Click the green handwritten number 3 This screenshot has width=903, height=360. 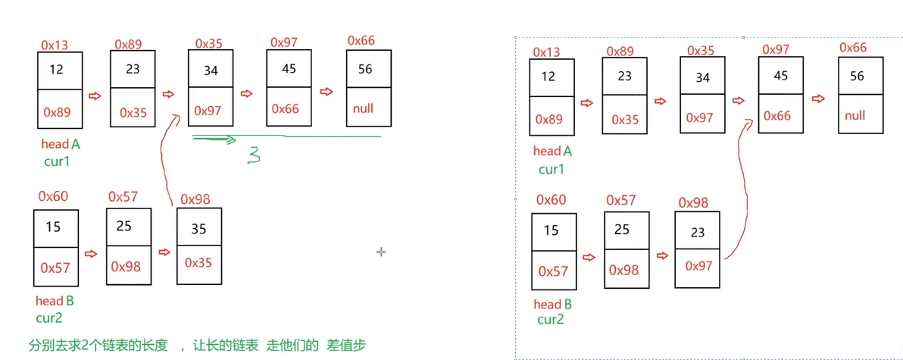[255, 156]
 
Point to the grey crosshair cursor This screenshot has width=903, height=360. [381, 251]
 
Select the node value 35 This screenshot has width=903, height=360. [199, 229]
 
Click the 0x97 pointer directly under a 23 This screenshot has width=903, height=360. [698, 266]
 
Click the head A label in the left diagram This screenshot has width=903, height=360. [61, 144]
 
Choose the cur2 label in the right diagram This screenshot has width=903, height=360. [551, 320]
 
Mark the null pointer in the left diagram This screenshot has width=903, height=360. [364, 108]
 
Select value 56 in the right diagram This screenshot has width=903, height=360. [857, 77]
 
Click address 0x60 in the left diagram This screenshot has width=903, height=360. [53, 196]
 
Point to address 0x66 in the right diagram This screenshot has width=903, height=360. [853, 48]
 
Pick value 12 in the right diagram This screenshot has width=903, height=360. [548, 77]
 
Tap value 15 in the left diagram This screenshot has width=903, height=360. [53, 227]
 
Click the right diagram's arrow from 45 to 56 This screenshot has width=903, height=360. [818, 99]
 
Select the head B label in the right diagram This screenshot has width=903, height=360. [553, 305]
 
